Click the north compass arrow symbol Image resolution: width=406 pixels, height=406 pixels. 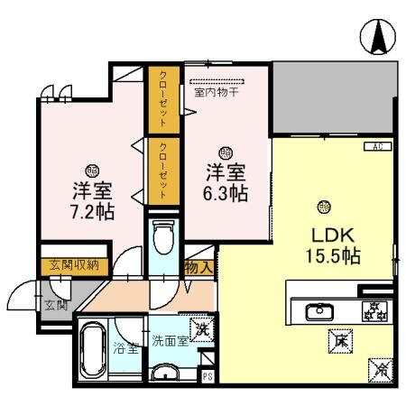coord(378,37)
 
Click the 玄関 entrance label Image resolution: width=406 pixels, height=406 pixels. coord(55,306)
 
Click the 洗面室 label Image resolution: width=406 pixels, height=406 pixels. coord(169,342)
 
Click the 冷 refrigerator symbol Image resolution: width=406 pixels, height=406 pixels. coord(380,368)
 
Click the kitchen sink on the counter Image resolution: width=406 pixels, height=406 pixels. coord(318,312)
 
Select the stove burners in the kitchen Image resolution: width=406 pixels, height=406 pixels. coord(374,312)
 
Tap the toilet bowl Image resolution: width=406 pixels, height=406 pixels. coord(163,238)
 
